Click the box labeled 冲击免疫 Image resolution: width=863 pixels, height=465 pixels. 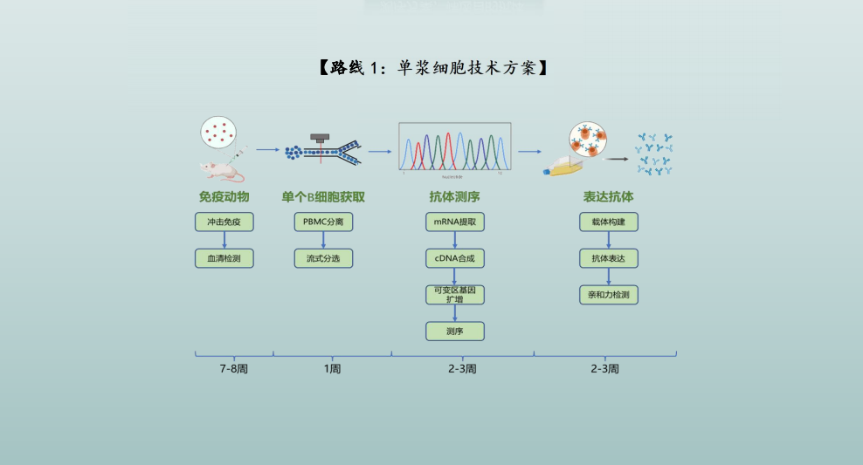tap(224, 222)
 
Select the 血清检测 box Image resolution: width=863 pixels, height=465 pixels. tap(224, 258)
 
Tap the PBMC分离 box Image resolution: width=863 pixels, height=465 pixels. tap(323, 222)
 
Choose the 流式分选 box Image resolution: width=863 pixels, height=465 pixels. tap(323, 258)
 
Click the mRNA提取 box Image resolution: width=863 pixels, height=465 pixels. tap(454, 222)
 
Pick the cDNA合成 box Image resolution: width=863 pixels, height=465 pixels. tap(454, 258)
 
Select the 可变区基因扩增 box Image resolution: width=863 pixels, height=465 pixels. tap(454, 295)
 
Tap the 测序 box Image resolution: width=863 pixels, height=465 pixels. tap(454, 332)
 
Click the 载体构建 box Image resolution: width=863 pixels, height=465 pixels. tap(608, 222)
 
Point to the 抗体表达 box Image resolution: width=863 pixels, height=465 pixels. tap(608, 258)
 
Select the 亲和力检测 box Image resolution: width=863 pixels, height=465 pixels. tap(608, 295)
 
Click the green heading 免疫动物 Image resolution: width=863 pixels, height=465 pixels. tap(224, 197)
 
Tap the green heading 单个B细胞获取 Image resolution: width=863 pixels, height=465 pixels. tap(323, 197)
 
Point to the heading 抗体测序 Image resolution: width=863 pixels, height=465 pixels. tap(454, 197)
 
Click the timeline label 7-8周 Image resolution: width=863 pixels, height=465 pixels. tap(234, 369)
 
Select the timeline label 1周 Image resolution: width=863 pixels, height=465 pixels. tap(333, 369)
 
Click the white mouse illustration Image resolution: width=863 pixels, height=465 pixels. tap(222, 172)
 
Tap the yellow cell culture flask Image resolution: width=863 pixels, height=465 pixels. tap(563, 167)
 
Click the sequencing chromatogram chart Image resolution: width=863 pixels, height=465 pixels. tap(454, 147)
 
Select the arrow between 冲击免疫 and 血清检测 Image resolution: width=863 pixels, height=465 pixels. tap(224, 240)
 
